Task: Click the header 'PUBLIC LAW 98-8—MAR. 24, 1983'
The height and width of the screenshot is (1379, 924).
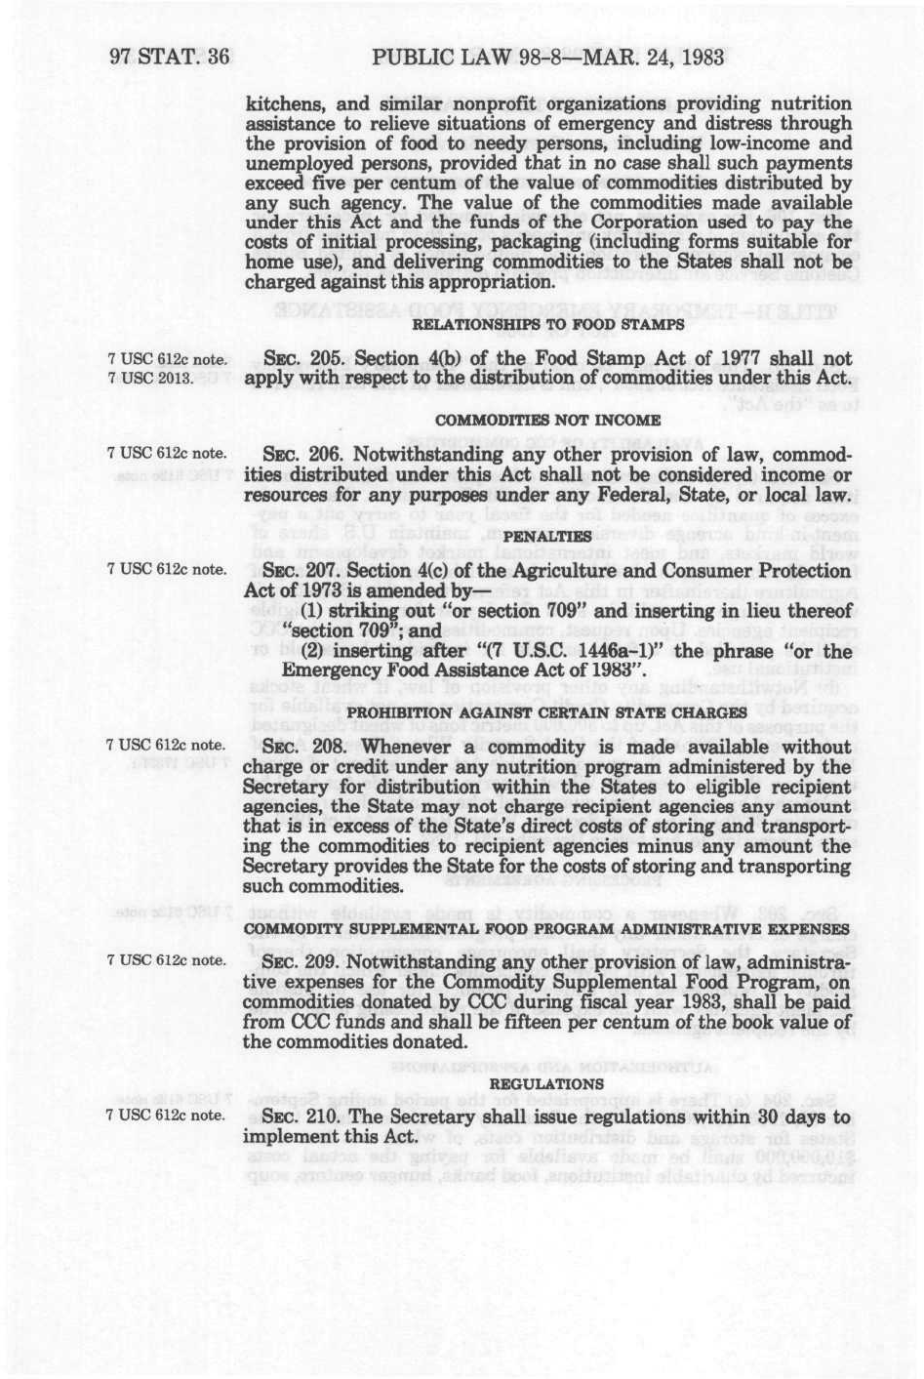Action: [x=547, y=57]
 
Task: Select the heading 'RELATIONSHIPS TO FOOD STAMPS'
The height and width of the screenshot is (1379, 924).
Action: [x=547, y=325]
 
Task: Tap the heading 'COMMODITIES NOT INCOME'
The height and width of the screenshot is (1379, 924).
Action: [x=547, y=419]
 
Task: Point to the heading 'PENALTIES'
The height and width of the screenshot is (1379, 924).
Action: [x=547, y=536]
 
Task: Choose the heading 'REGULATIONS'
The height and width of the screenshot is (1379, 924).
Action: [x=546, y=1082]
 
